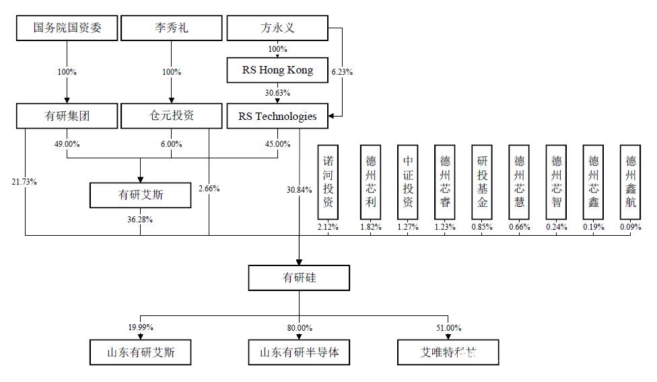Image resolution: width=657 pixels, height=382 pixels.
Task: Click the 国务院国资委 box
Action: (67, 28)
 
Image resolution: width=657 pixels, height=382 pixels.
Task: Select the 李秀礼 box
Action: (171, 28)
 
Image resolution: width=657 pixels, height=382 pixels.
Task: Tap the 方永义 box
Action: (277, 28)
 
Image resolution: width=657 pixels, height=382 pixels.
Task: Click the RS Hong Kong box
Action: (277, 70)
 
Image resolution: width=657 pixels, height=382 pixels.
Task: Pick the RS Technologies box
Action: (277, 116)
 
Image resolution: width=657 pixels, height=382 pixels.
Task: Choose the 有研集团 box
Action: (67, 116)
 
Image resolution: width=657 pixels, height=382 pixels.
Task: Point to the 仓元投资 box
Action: (171, 116)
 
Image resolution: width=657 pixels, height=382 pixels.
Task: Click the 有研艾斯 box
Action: (140, 195)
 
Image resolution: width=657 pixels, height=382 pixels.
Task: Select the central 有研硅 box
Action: (299, 278)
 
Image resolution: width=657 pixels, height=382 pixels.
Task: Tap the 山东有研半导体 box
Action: (299, 353)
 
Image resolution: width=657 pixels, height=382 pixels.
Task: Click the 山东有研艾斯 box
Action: (140, 353)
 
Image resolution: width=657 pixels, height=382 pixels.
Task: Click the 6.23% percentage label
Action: (343, 71)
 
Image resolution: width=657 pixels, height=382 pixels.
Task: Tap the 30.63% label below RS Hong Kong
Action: (277, 93)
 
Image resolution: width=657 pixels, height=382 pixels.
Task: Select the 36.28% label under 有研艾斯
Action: (140, 219)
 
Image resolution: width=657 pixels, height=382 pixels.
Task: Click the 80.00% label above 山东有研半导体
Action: (299, 327)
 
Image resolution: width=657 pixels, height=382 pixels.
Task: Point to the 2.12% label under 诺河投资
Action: (328, 227)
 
